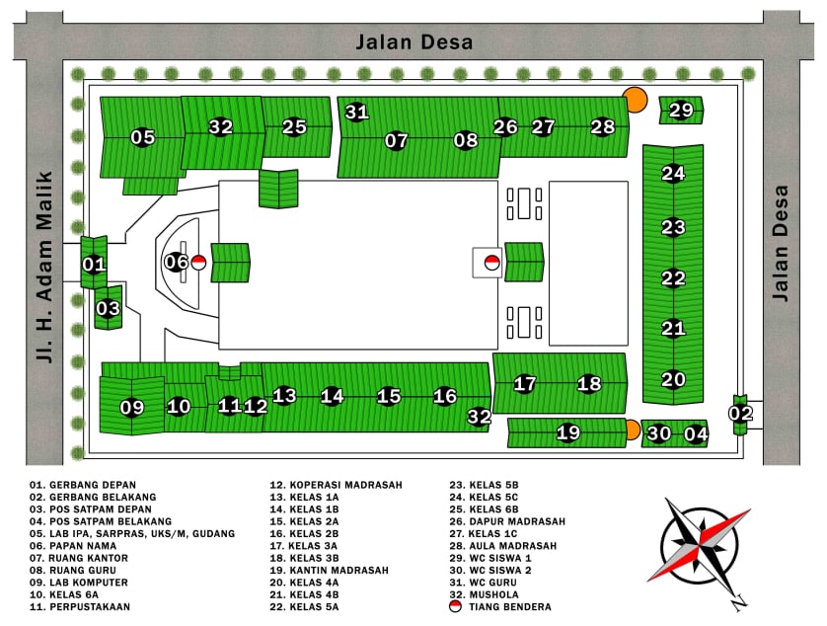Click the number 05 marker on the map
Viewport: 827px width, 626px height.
[x=143, y=137]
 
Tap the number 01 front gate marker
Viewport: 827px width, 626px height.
[x=94, y=264]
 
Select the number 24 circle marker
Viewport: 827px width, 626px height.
[x=673, y=174]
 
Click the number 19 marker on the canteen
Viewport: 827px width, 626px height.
[x=567, y=431]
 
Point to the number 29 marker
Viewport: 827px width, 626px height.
[x=681, y=111]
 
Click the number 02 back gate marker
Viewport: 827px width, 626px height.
[x=740, y=413]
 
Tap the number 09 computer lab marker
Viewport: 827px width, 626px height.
[x=132, y=407]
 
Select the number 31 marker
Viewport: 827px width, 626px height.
[x=356, y=112]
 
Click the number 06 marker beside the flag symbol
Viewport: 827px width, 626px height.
[x=176, y=262]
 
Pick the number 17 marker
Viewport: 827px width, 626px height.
[x=525, y=383]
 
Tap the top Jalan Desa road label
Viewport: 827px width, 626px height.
[x=414, y=41]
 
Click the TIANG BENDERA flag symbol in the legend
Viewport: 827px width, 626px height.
[x=455, y=607]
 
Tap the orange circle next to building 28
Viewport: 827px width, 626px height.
[x=635, y=99]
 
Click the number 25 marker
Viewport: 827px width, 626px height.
[x=294, y=126]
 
